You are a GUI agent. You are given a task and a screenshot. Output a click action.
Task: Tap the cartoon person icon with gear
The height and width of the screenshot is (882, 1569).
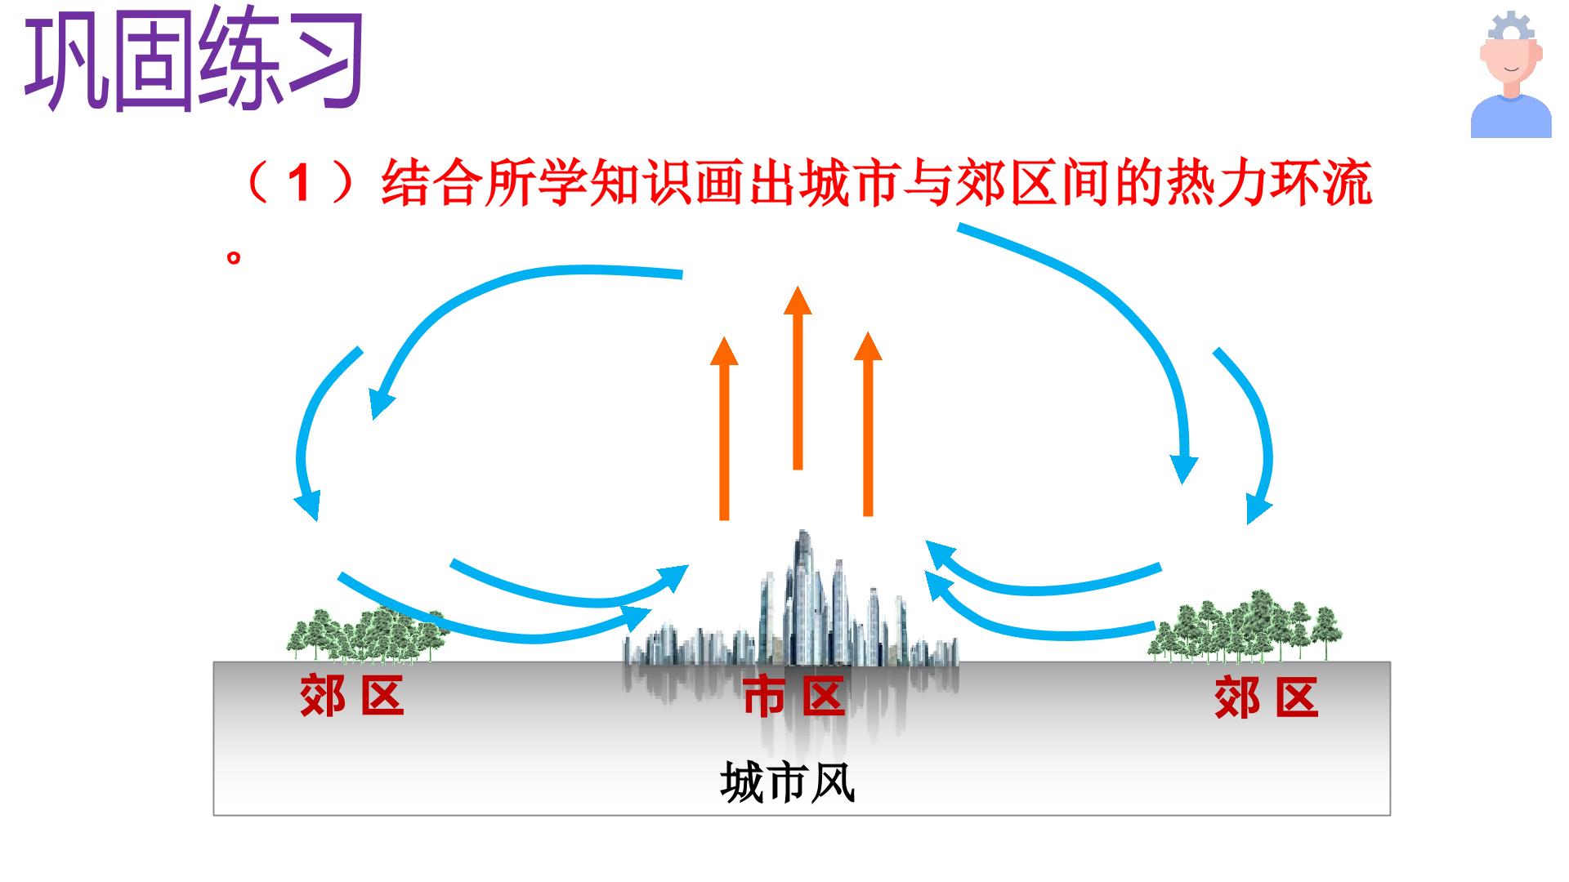click(1511, 75)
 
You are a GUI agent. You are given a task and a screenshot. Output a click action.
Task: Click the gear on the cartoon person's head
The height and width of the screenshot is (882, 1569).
click(1512, 26)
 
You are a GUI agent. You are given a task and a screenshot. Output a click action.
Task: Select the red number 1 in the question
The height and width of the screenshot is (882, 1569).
click(300, 183)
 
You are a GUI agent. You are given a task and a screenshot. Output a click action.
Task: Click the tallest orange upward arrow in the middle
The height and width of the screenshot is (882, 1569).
click(798, 377)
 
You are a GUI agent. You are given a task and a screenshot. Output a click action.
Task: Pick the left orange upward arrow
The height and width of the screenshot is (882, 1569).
click(724, 428)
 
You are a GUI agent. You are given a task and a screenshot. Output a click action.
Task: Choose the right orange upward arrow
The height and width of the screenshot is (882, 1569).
click(868, 424)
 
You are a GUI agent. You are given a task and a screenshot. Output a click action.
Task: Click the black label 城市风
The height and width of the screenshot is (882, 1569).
click(788, 782)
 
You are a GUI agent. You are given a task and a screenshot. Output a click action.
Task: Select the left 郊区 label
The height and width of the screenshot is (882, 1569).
click(352, 696)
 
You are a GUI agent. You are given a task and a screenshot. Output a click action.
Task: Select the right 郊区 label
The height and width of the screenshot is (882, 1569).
click(1267, 697)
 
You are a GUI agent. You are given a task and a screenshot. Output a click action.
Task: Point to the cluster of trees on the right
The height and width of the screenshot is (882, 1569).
click(1244, 626)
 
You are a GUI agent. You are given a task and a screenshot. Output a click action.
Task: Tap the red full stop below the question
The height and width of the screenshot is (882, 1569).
click(234, 258)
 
